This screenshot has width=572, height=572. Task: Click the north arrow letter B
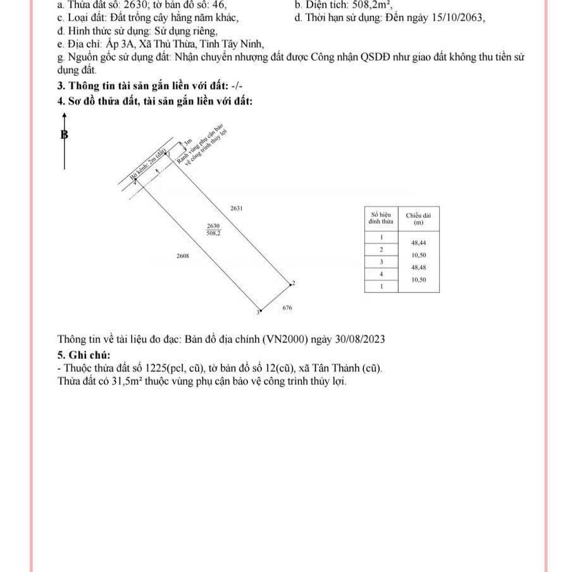[64, 135]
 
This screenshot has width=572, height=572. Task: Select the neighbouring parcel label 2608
[182, 256]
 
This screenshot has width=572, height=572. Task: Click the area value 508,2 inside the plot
[214, 233]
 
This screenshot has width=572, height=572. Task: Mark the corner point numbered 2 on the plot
[290, 284]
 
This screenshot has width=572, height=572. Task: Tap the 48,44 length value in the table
[418, 243]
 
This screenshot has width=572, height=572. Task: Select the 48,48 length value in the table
[418, 268]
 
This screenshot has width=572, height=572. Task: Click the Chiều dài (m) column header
[418, 219]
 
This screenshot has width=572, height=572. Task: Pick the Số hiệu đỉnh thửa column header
[381, 219]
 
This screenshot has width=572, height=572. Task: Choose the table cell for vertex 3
[381, 261]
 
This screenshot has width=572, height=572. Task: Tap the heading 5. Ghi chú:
[84, 354]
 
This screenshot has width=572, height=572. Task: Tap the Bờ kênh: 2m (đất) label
[149, 165]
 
